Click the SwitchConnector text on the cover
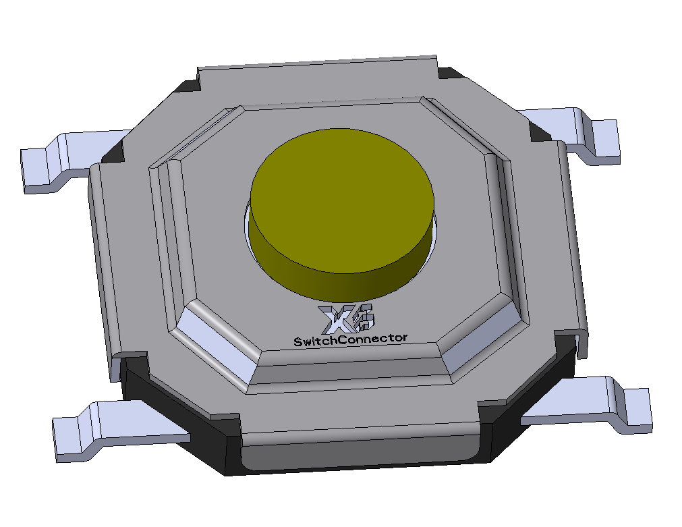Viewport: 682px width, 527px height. [x=350, y=339]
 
